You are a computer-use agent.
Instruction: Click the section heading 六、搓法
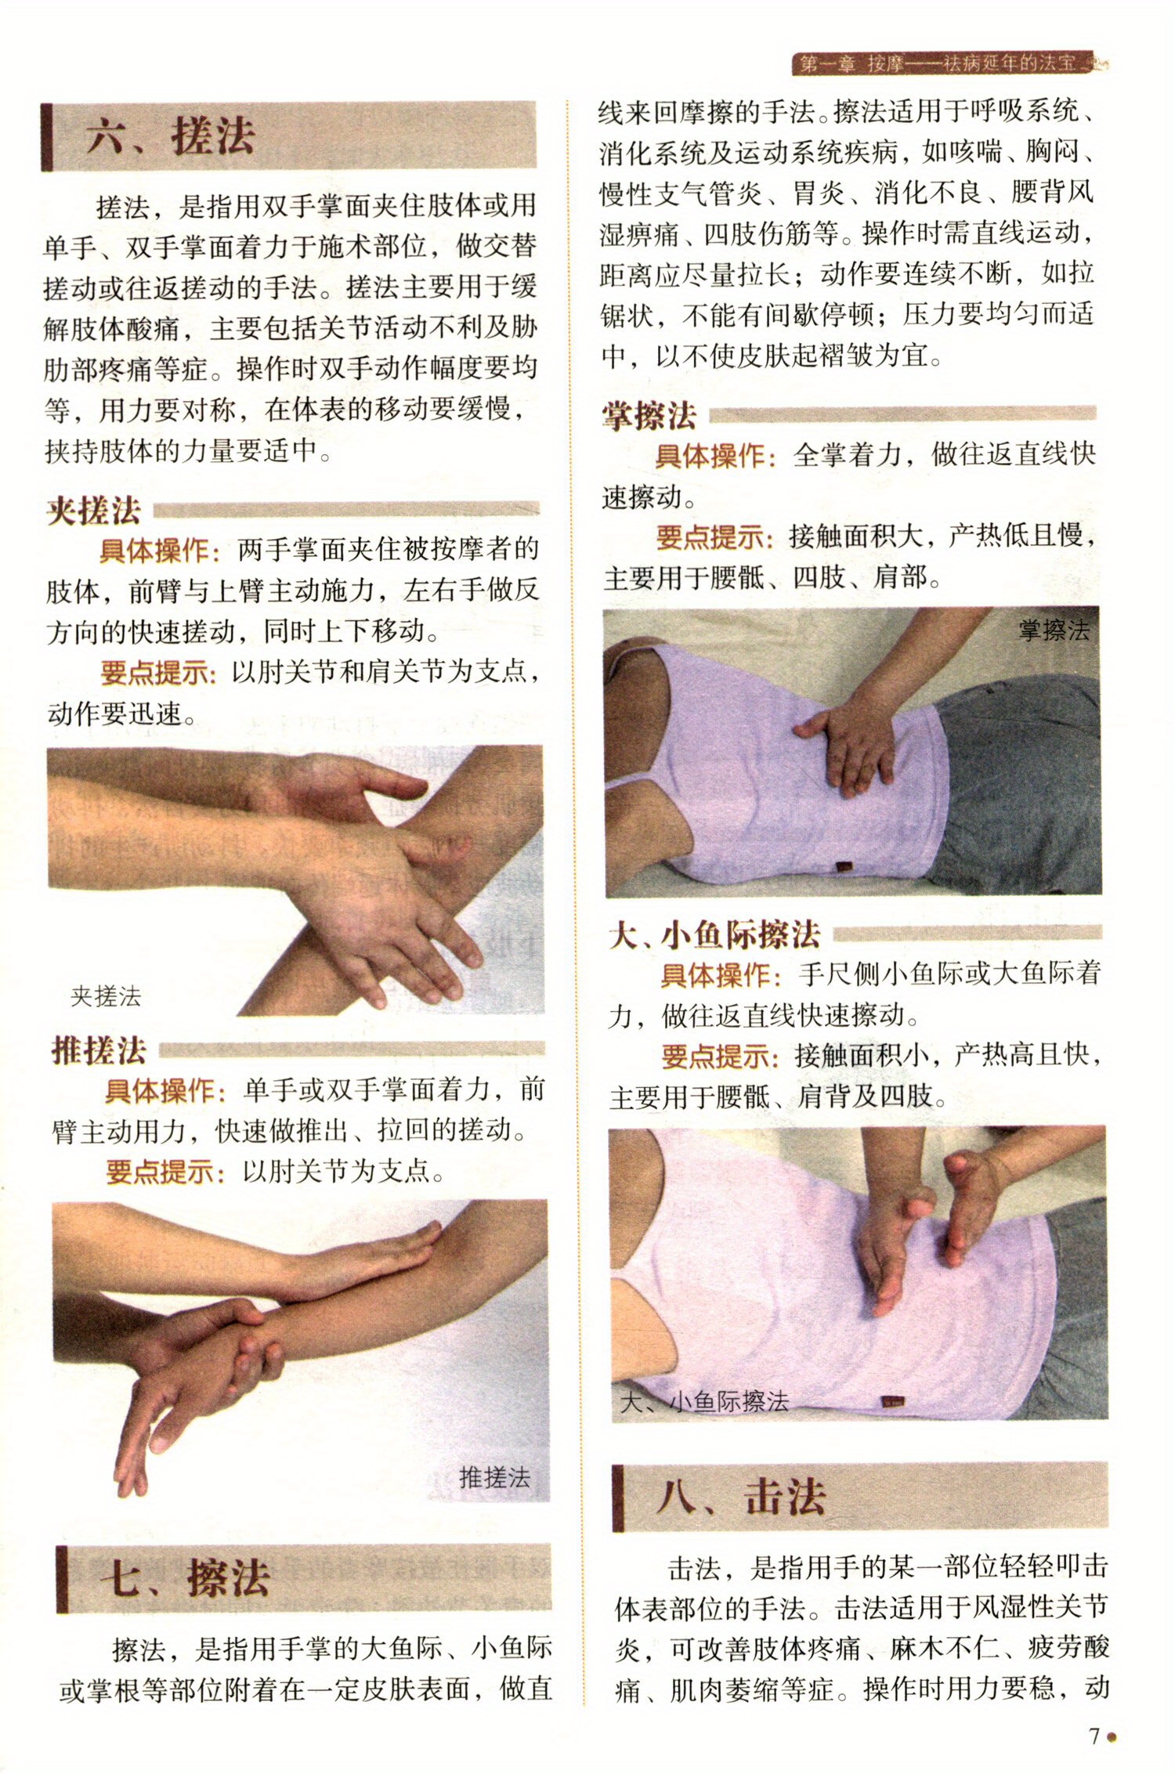coord(171,135)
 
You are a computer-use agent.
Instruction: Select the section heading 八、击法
coord(741,1497)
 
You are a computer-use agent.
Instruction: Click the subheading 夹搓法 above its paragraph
coord(93,511)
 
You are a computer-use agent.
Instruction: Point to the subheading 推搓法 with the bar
coord(99,1050)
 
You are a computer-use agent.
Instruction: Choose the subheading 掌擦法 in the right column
coord(649,415)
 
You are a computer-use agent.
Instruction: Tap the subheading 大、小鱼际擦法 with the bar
coord(714,934)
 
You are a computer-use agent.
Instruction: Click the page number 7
coord(1094,1736)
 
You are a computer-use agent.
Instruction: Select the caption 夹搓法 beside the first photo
coord(106,997)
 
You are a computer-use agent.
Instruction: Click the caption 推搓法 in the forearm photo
coord(494,1477)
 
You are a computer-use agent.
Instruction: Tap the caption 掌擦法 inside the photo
coord(1054,630)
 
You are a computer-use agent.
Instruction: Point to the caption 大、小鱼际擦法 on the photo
coord(704,1401)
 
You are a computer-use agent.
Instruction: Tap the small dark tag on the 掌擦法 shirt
coord(843,867)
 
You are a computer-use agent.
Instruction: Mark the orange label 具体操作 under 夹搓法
coord(154,551)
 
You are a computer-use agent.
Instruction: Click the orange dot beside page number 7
coord(1111,1737)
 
